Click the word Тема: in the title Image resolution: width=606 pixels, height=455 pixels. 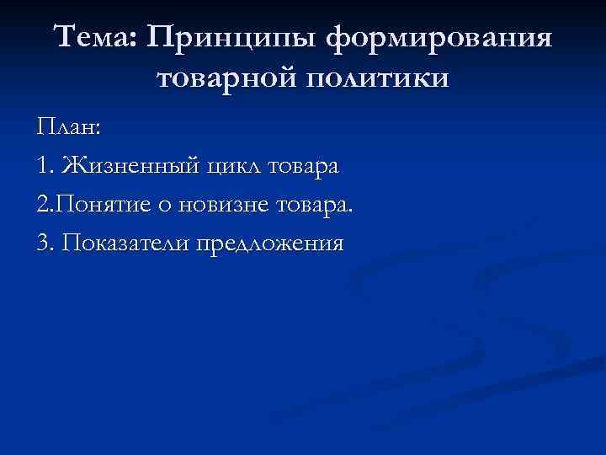click(x=93, y=38)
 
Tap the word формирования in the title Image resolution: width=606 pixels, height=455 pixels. click(x=439, y=40)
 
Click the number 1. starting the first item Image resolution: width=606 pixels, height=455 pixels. click(x=45, y=166)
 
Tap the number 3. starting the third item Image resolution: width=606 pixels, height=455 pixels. click(x=46, y=244)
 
